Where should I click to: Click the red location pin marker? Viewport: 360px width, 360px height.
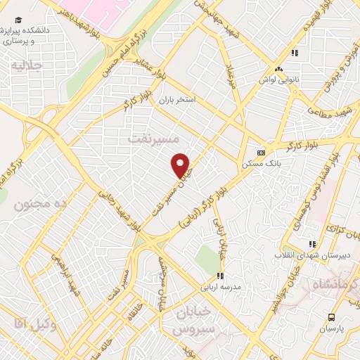[x=181, y=165]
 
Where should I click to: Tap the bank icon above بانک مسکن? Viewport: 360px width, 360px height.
[x=261, y=152]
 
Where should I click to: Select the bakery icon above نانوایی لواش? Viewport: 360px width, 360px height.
[x=280, y=69]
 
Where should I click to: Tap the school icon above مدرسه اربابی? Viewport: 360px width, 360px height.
[x=220, y=276]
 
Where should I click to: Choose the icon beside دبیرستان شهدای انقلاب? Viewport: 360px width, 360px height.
[x=311, y=243]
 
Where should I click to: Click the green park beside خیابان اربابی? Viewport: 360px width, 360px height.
[x=207, y=259]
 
